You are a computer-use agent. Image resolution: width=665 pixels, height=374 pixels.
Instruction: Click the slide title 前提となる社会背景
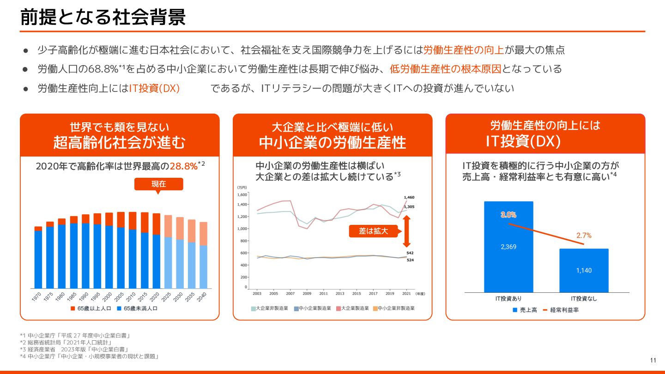click(103, 17)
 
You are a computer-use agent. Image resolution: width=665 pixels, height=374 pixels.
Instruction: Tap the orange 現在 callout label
click(158, 184)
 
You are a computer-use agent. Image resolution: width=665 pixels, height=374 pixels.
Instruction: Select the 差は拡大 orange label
click(374, 231)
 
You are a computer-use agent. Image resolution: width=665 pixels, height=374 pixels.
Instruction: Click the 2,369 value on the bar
click(508, 247)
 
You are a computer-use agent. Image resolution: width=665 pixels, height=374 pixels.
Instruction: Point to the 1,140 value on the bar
click(584, 270)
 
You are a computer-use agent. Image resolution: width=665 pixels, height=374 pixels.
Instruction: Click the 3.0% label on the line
click(508, 215)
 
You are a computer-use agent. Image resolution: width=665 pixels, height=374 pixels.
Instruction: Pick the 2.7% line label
click(584, 235)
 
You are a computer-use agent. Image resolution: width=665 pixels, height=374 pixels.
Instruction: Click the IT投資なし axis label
click(584, 298)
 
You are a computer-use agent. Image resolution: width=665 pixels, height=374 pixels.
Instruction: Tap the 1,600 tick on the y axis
click(242, 195)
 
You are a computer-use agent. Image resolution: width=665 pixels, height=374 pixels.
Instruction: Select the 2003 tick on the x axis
click(257, 293)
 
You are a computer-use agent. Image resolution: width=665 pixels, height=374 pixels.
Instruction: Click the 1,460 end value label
click(409, 198)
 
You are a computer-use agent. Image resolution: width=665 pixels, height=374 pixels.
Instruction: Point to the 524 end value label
click(410, 260)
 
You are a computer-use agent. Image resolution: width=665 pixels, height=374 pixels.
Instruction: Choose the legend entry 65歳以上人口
click(91, 308)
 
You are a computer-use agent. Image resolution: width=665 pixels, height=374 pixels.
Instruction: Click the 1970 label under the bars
click(37, 297)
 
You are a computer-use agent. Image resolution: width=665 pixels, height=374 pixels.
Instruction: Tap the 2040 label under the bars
click(202, 297)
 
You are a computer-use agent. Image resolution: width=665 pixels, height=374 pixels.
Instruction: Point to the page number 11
click(653, 360)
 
